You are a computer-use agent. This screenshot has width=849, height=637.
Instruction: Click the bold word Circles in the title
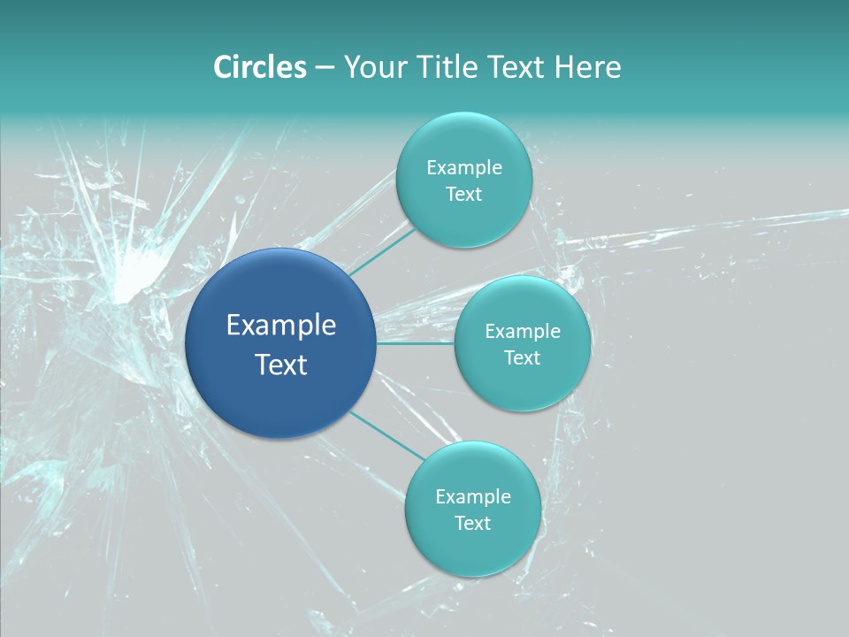(260, 67)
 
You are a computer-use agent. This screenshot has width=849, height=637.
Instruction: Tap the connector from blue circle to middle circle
(416, 343)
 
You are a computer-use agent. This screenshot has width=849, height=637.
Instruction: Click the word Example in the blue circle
(281, 326)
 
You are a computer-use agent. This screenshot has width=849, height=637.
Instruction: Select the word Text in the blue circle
(281, 365)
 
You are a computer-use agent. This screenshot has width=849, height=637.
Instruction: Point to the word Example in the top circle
(464, 167)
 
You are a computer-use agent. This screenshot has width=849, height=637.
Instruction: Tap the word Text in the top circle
(463, 194)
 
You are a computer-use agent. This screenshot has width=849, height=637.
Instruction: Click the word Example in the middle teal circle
(523, 331)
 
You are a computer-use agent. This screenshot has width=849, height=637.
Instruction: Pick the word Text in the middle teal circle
(522, 357)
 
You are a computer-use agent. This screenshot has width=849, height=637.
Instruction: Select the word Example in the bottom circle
(473, 496)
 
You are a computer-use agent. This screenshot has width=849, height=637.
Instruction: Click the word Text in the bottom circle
(472, 523)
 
